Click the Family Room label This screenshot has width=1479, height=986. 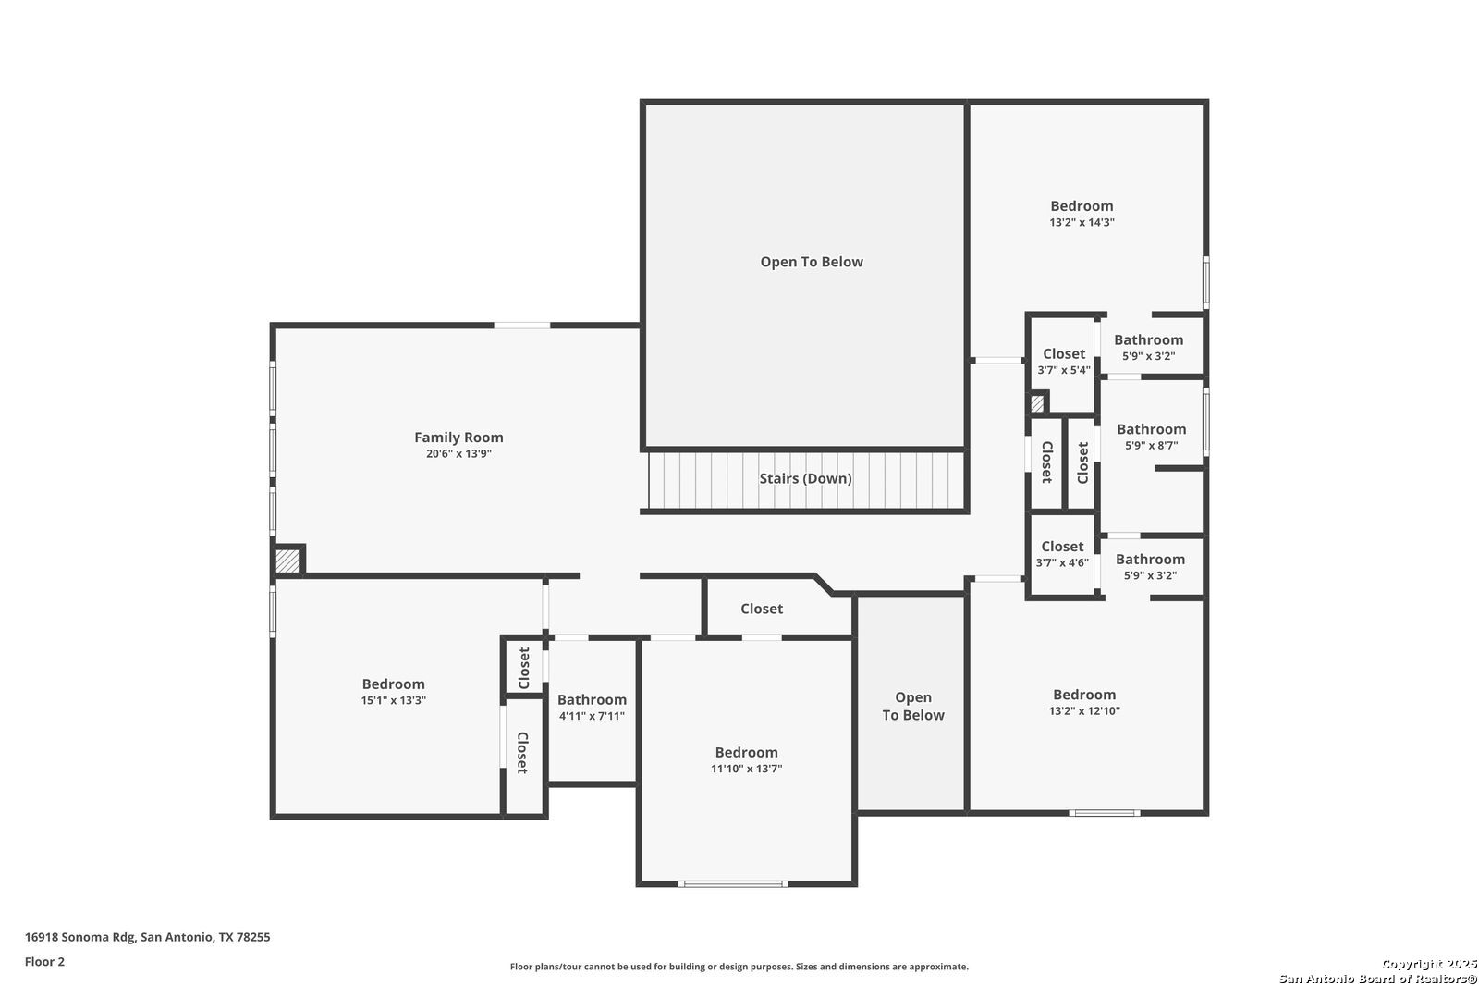click(x=458, y=437)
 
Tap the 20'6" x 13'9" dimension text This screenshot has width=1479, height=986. click(x=458, y=454)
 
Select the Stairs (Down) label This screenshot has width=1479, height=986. click(x=805, y=478)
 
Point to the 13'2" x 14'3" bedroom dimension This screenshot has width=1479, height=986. click(x=1082, y=223)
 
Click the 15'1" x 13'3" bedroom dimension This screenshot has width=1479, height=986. click(x=393, y=700)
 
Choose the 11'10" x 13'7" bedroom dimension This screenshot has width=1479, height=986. click(x=746, y=769)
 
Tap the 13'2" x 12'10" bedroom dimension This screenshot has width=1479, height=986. click(x=1084, y=711)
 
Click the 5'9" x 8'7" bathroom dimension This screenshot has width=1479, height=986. click(x=1151, y=446)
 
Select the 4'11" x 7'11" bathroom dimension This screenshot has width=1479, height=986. click(x=592, y=716)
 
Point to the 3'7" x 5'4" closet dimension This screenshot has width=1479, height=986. click(x=1063, y=370)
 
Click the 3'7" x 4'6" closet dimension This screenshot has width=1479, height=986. click(x=1062, y=563)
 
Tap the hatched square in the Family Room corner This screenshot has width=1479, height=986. click(x=287, y=561)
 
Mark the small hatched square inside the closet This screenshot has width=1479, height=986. click(x=1037, y=403)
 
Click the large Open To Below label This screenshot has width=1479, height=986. click(x=812, y=262)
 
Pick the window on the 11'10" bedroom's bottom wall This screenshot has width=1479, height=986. click(x=733, y=883)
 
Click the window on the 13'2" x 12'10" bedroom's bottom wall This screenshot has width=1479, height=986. click(x=1104, y=813)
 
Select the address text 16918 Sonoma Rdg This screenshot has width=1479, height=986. click(x=79, y=937)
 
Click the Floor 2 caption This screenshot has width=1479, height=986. click(x=45, y=962)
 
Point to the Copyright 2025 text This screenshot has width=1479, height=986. click(x=1429, y=964)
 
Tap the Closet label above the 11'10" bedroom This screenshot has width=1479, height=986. click(x=762, y=609)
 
